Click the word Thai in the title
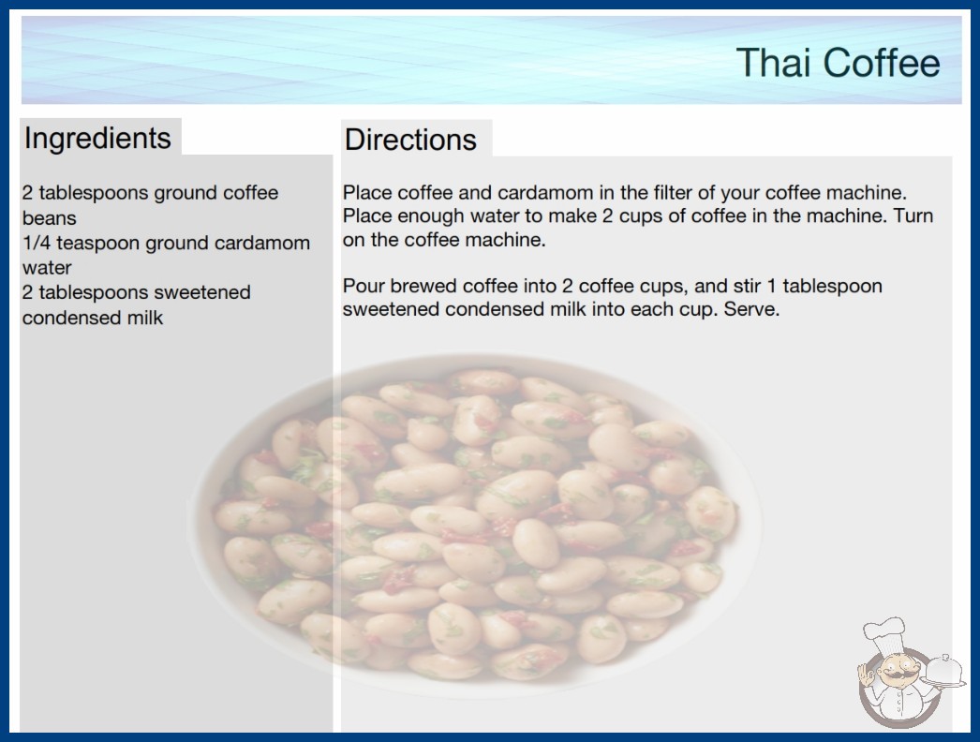click(774, 63)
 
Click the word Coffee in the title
click(882, 63)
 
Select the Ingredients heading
click(97, 139)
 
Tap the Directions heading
click(410, 140)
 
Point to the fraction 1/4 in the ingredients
click(37, 243)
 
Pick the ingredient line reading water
click(47, 268)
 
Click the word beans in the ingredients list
click(50, 218)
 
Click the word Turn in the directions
click(913, 215)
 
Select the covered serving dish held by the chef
click(944, 671)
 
